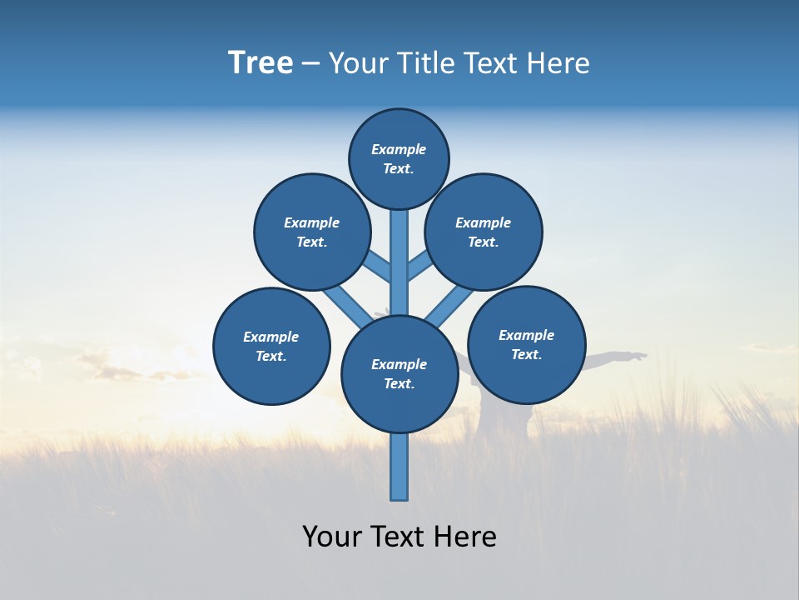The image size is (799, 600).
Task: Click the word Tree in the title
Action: [261, 63]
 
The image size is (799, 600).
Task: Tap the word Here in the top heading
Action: [558, 63]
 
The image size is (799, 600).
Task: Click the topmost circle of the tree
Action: [399, 158]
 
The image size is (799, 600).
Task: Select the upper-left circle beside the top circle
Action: [312, 232]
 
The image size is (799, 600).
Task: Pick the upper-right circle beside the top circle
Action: [484, 232]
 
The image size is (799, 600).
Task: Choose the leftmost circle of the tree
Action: [271, 346]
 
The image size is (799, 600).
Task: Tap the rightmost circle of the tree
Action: [526, 344]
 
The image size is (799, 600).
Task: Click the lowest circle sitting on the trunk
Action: [399, 373]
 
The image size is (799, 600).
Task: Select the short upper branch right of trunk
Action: [419, 266]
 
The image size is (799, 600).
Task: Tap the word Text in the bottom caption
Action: [398, 536]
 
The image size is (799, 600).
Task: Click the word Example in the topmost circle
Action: [399, 149]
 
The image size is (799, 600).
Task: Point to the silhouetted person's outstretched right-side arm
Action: [616, 358]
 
